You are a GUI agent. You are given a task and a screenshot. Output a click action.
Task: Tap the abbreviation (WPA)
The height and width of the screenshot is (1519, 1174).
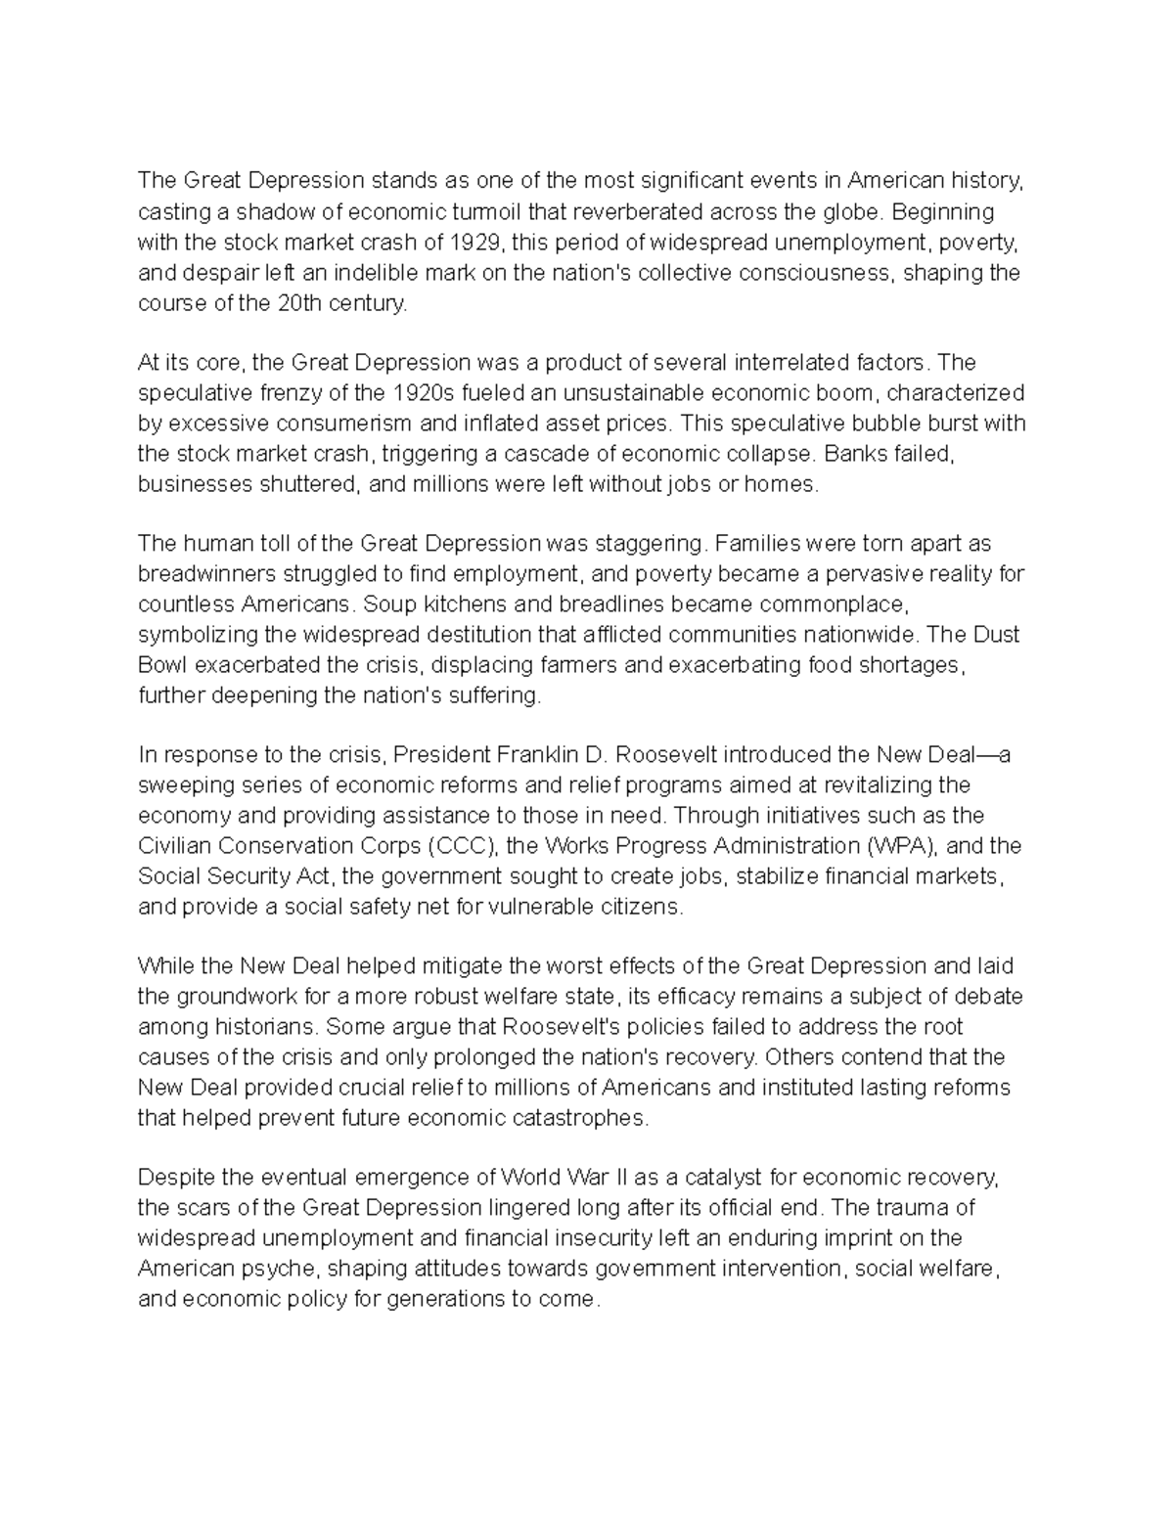[x=898, y=845]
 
